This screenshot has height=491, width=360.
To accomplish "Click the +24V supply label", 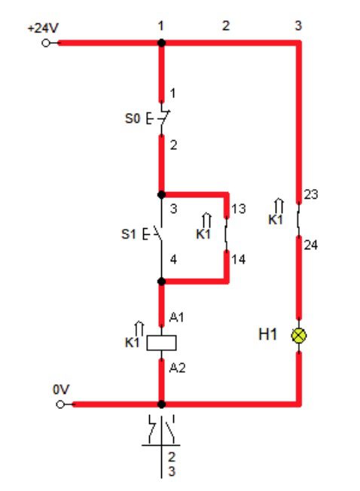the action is click(x=43, y=29).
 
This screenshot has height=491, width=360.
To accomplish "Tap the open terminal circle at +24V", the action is click(x=46, y=43).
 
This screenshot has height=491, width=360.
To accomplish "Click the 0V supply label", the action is click(x=61, y=389).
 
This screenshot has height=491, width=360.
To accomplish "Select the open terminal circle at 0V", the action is click(x=60, y=404).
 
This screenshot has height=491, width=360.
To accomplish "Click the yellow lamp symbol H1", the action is click(x=299, y=336).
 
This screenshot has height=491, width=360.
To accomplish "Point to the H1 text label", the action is click(x=267, y=334).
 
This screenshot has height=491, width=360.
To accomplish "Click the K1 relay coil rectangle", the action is click(x=161, y=343).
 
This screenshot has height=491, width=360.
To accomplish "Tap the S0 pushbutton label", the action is click(x=133, y=119).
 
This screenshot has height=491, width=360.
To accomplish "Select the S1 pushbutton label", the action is click(x=129, y=234).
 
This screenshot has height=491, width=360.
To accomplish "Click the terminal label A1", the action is click(x=176, y=317).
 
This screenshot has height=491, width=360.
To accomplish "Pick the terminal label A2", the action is click(x=177, y=367).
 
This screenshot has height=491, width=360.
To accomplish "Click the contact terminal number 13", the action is click(x=239, y=209).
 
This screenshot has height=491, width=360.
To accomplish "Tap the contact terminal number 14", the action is click(x=239, y=259).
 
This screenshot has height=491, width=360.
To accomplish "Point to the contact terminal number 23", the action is click(x=311, y=194).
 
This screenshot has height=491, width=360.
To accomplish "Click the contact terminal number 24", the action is click(x=311, y=245).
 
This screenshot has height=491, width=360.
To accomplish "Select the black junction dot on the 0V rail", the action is click(x=161, y=404).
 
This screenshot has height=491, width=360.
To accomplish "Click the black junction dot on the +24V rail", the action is click(x=161, y=43).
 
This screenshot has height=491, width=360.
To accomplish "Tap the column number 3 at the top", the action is click(x=298, y=26).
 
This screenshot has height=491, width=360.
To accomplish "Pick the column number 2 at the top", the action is click(x=226, y=26).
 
